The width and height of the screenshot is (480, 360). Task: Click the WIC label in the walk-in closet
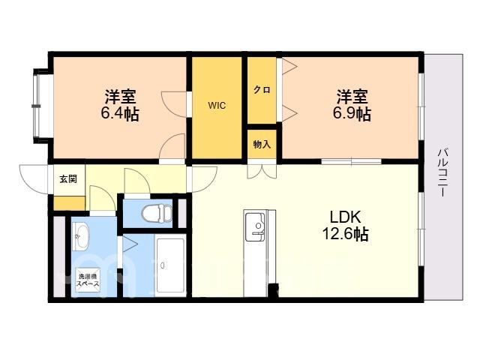pos(217,106)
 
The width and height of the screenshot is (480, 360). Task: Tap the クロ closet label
pos(262,90)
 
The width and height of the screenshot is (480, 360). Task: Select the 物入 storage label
pos(262,144)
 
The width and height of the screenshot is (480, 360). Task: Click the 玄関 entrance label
pos(68,179)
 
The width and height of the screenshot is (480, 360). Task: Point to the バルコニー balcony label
pos(443,172)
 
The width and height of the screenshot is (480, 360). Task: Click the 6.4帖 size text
pos(120,114)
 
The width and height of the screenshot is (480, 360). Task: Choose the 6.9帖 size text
pos(352,114)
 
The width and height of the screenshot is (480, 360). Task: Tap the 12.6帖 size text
pos(345,235)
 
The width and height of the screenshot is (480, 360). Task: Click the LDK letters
pos(346,217)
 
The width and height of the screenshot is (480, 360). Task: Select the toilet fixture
pos(157,213)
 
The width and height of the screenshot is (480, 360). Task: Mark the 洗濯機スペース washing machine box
pos(88,280)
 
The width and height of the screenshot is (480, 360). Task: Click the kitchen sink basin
pos(255,226)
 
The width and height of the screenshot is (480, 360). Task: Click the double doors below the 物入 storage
pos(262,172)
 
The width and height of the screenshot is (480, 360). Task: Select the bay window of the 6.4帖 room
pos(37,106)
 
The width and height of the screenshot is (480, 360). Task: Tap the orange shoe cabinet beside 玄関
pos(69,203)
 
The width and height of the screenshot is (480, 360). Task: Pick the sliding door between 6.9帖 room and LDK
pos(352,161)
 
